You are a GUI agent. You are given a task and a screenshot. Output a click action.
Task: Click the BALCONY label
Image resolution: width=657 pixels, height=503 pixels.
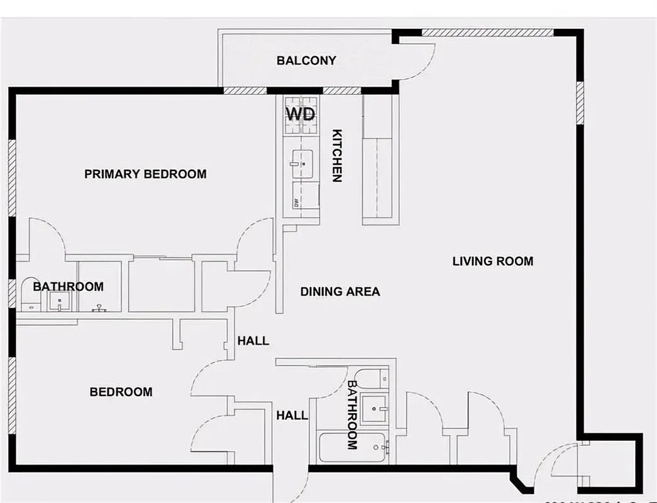306,61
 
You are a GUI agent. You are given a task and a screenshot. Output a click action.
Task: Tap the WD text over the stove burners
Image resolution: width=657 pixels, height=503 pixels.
301,114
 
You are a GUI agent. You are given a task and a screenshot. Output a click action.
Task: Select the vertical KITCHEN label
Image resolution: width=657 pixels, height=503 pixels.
337,155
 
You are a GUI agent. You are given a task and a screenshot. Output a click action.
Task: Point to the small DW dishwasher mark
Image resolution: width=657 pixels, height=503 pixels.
295,202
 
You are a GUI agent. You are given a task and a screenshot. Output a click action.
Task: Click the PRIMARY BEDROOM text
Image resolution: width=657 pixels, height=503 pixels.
145,174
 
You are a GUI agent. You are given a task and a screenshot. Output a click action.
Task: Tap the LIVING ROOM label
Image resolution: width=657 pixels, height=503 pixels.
492,261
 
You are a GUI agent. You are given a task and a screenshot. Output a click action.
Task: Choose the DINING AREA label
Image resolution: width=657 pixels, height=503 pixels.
340,292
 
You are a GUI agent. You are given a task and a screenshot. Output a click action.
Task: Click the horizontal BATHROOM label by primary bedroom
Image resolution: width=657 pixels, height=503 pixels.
68,287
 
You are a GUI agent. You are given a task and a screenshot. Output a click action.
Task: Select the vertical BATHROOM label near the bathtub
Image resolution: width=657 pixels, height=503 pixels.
352,414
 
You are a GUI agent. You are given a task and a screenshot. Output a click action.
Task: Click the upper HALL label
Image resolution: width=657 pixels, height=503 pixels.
253,341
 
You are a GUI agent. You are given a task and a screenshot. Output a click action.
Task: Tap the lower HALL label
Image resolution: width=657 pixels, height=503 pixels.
292,415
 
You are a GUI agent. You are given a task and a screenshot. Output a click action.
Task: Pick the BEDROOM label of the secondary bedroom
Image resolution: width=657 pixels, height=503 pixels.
121,392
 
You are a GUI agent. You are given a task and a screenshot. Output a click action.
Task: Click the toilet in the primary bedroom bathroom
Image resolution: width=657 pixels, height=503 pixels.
29,296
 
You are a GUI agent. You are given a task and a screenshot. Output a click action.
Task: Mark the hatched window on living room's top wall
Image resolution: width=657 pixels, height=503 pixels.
487,32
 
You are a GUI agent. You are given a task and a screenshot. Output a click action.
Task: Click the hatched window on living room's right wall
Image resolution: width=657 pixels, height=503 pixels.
580,102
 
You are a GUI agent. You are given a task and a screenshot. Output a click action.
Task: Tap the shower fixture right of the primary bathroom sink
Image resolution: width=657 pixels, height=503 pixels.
99,308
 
